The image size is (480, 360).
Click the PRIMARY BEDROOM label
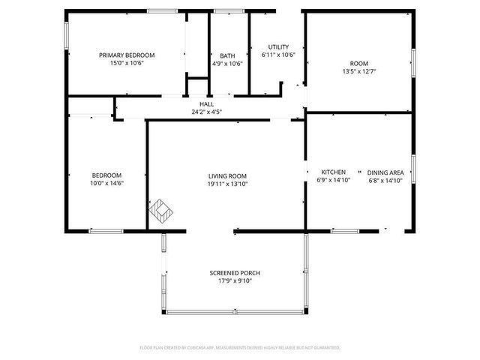coord(127,55)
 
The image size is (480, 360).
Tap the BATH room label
coord(227,55)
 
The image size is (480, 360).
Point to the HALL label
coord(206,103)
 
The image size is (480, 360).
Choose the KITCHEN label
coord(333,172)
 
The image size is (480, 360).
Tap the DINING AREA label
coord(385,172)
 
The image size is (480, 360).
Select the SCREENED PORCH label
coord(235,273)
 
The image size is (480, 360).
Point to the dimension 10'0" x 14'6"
coord(106,183)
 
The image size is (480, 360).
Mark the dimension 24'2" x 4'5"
coord(206,112)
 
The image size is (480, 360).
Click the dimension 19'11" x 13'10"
coord(227,183)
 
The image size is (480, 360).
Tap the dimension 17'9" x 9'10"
coord(235,281)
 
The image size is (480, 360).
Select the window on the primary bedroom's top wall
coord(162,11)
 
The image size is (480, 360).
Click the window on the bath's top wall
coord(223,11)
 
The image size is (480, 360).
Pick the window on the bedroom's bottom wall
coord(106,230)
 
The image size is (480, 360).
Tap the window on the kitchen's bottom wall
coord(345,230)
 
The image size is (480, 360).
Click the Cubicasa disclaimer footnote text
coord(240,347)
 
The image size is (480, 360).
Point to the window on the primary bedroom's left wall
coord(67,34)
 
